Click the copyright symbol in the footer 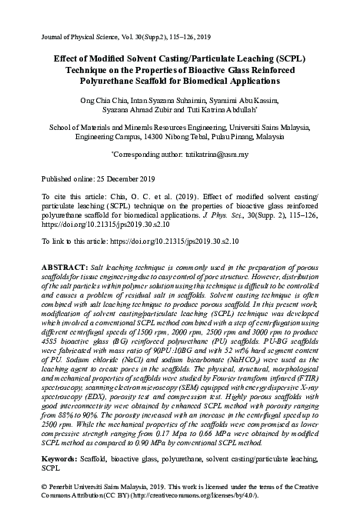coord(43,488)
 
